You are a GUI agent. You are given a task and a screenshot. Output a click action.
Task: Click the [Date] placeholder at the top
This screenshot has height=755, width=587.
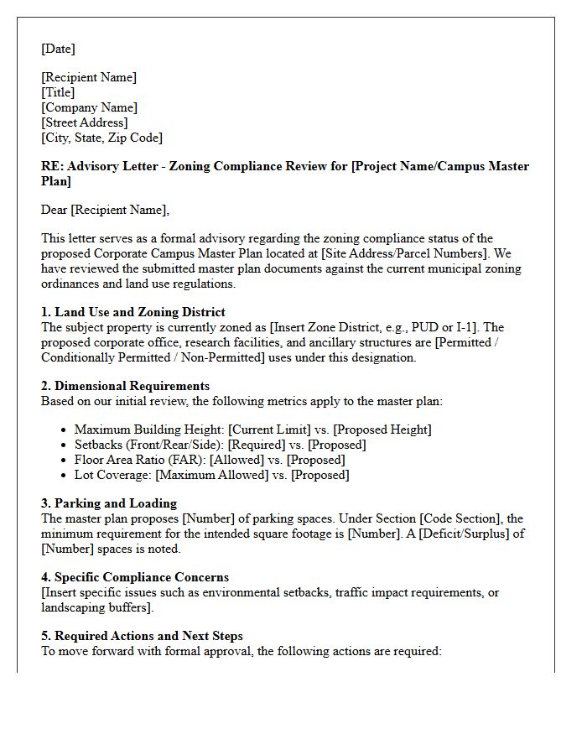(x=58, y=49)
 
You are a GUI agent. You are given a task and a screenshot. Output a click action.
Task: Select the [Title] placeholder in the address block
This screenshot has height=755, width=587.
(x=58, y=92)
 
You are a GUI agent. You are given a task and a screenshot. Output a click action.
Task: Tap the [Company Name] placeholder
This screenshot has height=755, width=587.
(x=89, y=107)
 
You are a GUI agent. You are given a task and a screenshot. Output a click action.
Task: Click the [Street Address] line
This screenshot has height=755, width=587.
(x=85, y=122)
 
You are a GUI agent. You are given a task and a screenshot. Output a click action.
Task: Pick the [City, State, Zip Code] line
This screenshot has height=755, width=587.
(x=101, y=138)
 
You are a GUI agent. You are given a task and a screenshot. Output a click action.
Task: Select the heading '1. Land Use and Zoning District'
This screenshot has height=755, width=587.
(x=133, y=312)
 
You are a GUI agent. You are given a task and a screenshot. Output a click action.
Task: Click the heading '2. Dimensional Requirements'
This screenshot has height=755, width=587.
(x=126, y=386)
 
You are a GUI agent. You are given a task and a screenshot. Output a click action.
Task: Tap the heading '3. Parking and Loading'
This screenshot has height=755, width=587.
(x=109, y=503)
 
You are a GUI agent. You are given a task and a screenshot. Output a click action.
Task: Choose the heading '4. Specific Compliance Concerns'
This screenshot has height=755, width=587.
(x=135, y=577)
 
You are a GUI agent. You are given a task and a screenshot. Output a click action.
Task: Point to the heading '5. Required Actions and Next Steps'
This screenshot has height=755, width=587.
(x=142, y=636)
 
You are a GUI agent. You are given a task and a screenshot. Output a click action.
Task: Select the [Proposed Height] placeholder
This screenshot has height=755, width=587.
(x=384, y=430)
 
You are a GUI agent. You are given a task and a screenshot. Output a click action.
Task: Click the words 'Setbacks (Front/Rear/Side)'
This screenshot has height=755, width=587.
(x=149, y=445)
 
